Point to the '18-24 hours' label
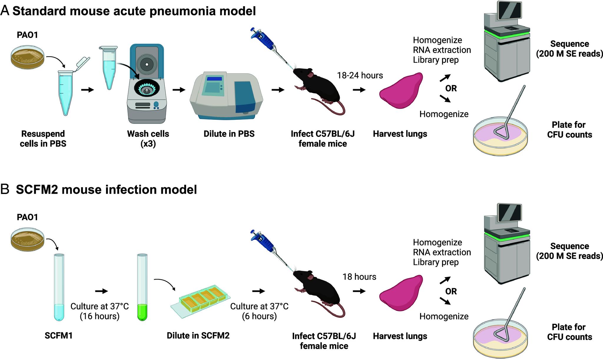360,76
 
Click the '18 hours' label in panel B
359,277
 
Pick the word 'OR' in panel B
451,291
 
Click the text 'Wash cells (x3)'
148,139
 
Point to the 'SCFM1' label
59,336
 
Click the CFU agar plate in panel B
500,339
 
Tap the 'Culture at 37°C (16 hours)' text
100,311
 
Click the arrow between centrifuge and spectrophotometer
179,90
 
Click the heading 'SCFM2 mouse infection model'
106,190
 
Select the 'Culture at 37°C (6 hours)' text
259,311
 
